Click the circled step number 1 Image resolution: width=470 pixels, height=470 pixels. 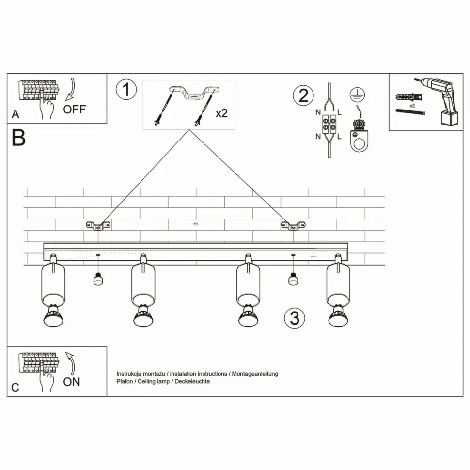tap(126, 90)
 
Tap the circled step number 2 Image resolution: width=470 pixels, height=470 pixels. tap(303, 95)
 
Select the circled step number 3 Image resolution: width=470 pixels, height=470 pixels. tap(295, 318)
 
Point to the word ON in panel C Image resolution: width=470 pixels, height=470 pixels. tap(72, 382)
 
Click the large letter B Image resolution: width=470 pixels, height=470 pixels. tap(18, 138)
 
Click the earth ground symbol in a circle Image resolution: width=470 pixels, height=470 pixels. tap(357, 95)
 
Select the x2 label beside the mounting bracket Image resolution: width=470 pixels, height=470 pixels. tap(221, 113)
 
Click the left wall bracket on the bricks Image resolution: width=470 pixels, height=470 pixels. tap(98, 225)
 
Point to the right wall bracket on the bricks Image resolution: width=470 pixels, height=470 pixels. tap(293, 225)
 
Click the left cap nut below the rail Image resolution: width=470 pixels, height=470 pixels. tap(98, 280)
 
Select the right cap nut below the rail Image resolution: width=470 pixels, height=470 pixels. tap(293, 280)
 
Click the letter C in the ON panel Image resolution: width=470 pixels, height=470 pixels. tap(16, 388)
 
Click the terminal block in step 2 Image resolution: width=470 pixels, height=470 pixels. tap(329, 124)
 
